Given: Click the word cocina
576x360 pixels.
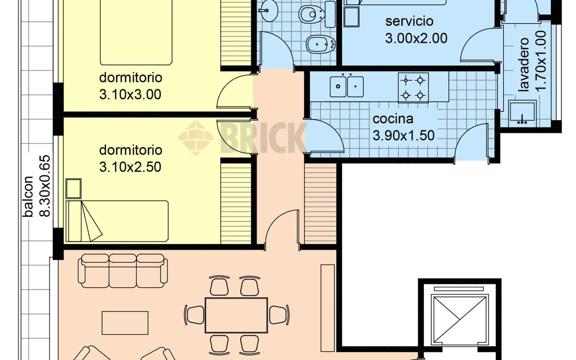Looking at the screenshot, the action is click(393, 119).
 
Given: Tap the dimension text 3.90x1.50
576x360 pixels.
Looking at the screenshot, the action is click(404, 135).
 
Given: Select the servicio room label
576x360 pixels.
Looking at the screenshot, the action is click(409, 21).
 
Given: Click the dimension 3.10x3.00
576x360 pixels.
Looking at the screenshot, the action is click(130, 94).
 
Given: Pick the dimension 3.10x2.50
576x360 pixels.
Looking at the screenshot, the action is click(130, 167).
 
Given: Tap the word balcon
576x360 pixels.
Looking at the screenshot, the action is click(28, 197).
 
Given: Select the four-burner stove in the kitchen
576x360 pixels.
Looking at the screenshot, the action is click(413, 88).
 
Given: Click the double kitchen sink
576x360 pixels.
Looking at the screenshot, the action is click(346, 86).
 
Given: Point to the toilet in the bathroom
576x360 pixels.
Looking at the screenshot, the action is click(317, 14).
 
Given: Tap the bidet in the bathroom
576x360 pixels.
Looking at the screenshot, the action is click(321, 45).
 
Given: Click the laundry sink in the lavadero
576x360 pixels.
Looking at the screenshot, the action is click(522, 113).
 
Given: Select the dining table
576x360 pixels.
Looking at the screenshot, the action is click(236, 315).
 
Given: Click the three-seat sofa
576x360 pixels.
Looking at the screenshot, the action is click(123, 271).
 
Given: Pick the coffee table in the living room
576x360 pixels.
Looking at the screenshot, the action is click(125, 323).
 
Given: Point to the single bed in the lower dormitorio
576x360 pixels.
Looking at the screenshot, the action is click(117, 221).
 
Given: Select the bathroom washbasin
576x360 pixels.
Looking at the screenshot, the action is click(268, 10).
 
